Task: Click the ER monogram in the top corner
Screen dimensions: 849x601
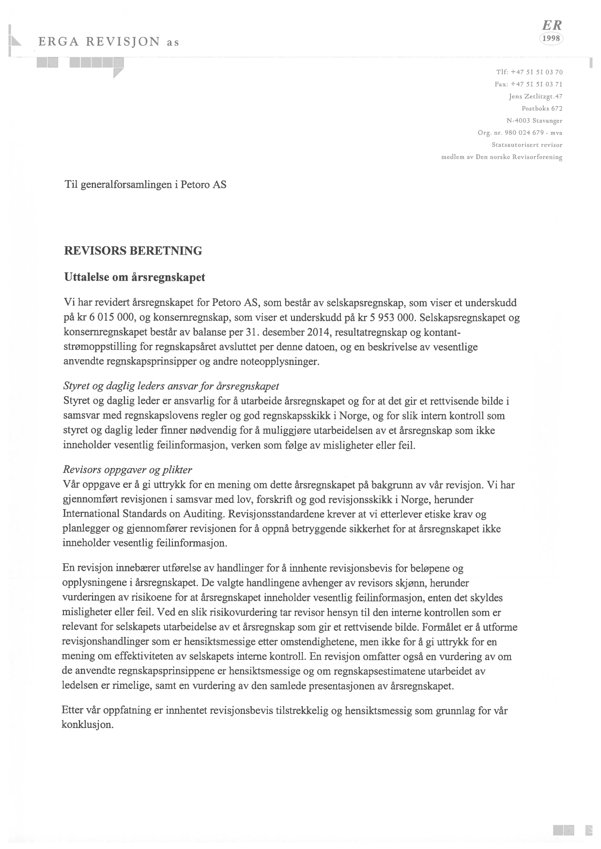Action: tap(552, 26)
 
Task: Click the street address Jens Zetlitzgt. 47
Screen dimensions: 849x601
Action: tap(535, 96)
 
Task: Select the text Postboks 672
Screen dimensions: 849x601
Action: tap(541, 108)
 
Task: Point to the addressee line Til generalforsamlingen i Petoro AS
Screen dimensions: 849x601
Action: tap(145, 185)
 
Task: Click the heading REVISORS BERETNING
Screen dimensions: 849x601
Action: tap(133, 251)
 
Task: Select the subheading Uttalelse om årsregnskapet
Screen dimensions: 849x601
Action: tap(135, 277)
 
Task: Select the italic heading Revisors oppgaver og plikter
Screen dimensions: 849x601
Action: tap(128, 470)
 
